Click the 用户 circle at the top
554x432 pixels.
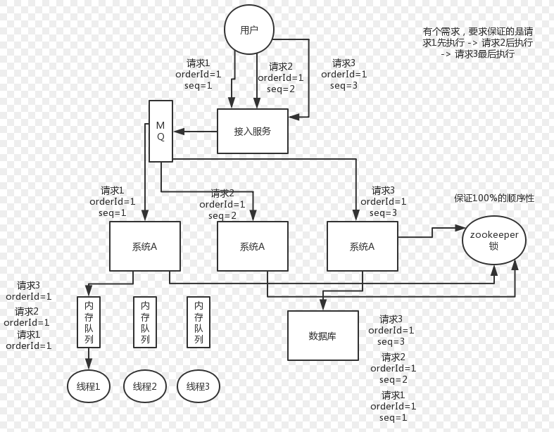point(248,30)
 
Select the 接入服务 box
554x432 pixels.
point(252,131)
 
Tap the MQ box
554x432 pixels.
point(160,131)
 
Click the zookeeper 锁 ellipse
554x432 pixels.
point(493,240)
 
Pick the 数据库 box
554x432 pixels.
point(322,336)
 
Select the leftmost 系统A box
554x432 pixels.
point(144,246)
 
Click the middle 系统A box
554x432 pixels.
point(252,246)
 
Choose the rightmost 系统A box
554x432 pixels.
point(362,246)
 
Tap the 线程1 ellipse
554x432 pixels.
point(89,386)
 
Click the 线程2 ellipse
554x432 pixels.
point(145,386)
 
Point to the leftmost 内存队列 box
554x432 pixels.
point(89,322)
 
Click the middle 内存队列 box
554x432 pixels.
point(145,322)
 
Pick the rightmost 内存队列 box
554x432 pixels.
point(199,322)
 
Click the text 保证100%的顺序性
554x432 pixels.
point(493,198)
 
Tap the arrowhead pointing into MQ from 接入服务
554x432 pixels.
point(178,131)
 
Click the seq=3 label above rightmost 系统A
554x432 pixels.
point(384,213)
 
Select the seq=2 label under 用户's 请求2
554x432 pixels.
point(281,89)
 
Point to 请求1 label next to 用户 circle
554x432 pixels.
point(199,63)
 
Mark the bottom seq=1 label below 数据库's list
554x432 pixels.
point(394,418)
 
